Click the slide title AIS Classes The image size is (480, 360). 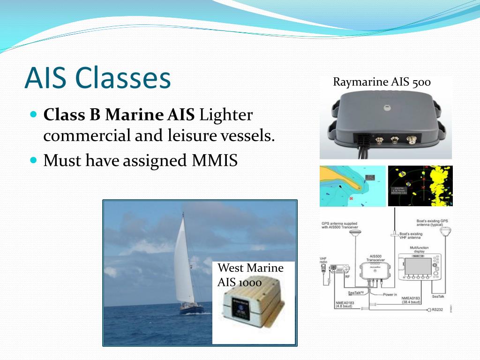tap(97, 78)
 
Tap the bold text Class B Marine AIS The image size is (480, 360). tap(120, 115)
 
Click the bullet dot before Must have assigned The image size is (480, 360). tap(33, 160)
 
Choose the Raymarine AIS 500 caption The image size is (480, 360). tap(382, 82)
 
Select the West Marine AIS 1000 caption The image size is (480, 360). tap(251, 275)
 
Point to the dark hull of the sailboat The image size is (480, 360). tap(192, 310)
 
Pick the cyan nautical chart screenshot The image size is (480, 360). tap(352, 186)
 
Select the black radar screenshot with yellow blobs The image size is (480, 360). tap(420, 186)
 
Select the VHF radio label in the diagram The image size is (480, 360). tap(323, 261)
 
